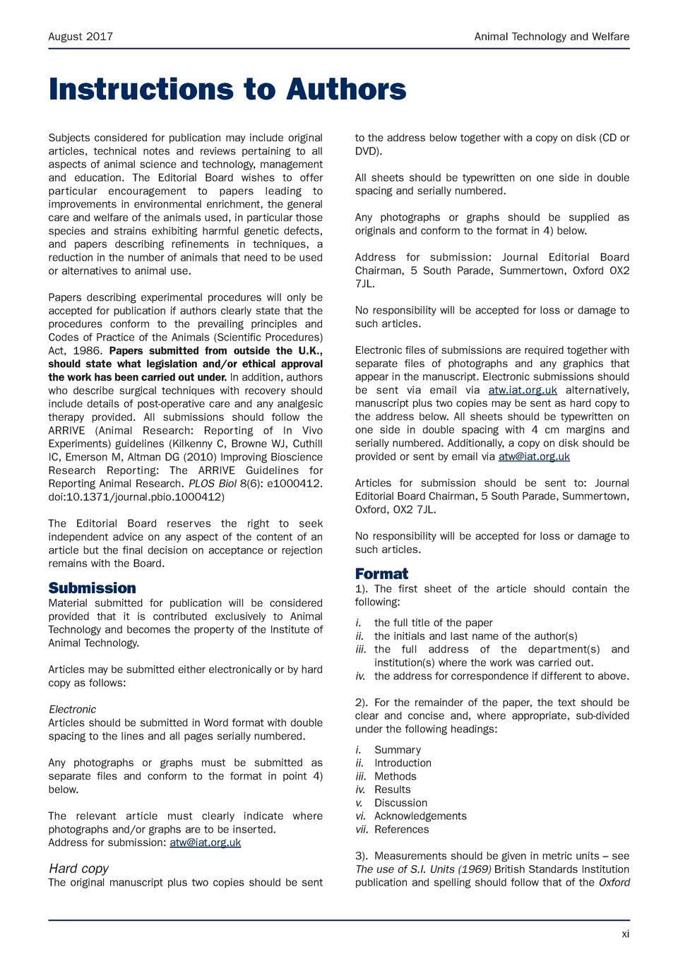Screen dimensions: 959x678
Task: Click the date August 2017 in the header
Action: tap(81, 37)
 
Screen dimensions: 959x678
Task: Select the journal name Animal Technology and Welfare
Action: tap(552, 37)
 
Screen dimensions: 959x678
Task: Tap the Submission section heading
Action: tap(92, 588)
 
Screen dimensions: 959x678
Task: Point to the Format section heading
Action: tap(381, 573)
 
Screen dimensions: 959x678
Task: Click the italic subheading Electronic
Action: tap(72, 709)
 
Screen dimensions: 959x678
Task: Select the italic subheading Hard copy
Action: tap(78, 869)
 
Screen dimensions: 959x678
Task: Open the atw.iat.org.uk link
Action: tap(523, 391)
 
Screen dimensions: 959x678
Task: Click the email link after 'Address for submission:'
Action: tap(205, 842)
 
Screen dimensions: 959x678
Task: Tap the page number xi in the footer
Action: tap(625, 934)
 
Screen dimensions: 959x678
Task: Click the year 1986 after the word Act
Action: tap(90, 351)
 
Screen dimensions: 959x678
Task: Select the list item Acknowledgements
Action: tap(420, 816)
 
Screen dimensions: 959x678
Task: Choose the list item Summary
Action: tap(397, 750)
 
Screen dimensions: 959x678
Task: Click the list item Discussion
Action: tap(400, 803)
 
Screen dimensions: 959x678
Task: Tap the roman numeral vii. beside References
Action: tap(362, 830)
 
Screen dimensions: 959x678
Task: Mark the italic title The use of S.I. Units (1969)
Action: tap(422, 869)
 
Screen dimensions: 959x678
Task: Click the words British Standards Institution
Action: tap(561, 869)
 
